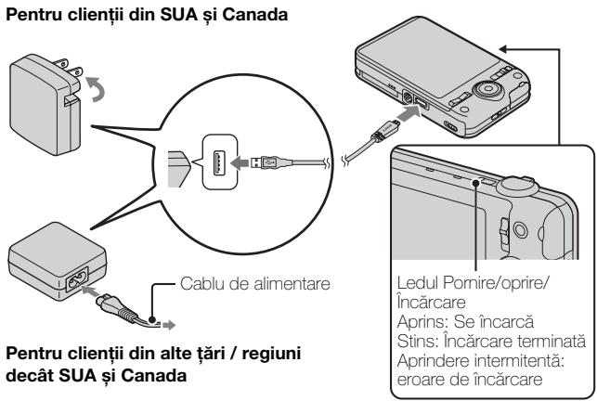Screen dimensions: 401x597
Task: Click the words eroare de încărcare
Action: (459, 371)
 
